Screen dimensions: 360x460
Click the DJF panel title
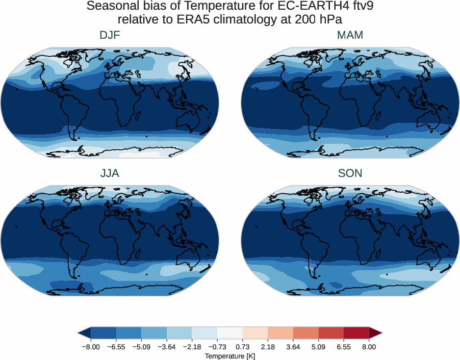click(x=110, y=35)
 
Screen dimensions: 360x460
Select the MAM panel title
click(x=350, y=35)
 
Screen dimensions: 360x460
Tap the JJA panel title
click(x=110, y=173)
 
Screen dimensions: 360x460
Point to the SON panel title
click(x=350, y=173)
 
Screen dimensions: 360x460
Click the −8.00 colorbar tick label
click(x=90, y=347)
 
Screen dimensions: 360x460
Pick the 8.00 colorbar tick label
click(x=369, y=347)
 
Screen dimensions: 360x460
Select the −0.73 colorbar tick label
click(x=217, y=347)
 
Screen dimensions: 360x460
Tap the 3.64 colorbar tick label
click(x=293, y=347)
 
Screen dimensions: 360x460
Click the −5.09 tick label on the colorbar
click(x=141, y=347)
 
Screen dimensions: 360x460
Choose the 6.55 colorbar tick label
click(x=344, y=347)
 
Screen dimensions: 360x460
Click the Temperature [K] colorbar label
click(x=229, y=356)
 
